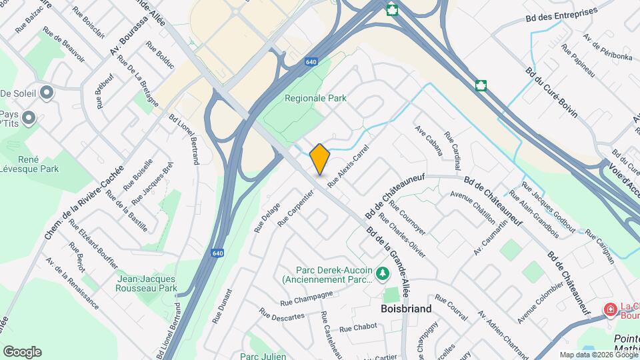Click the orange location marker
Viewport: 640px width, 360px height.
320,159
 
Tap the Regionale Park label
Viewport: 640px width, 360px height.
315,98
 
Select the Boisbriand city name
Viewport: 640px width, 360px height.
406,309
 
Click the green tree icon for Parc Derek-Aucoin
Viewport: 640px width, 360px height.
383,273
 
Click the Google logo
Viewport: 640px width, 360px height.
22,352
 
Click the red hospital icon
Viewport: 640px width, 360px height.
609,309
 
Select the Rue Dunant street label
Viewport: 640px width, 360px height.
222,306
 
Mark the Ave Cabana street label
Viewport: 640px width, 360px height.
429,140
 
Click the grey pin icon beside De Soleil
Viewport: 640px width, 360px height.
46,93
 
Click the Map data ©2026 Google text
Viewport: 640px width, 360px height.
599,355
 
